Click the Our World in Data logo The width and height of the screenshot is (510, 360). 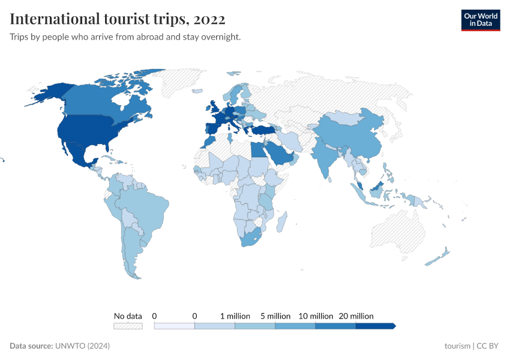[480, 20]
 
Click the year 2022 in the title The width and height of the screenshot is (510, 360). [209, 19]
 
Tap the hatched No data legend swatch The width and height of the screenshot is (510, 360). [128, 326]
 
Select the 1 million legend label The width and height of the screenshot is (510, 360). [235, 316]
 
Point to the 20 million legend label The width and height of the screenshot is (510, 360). [356, 316]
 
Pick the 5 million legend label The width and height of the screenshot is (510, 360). [275, 316]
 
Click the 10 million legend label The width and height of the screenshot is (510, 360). [316, 316]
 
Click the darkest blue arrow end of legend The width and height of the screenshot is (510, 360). [393, 326]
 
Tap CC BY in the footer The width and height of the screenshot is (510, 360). [489, 346]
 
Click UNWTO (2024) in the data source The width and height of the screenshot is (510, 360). [82, 346]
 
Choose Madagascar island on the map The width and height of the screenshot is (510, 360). [280, 223]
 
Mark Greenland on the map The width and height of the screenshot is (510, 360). [192, 84]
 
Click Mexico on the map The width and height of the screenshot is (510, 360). [78, 154]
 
